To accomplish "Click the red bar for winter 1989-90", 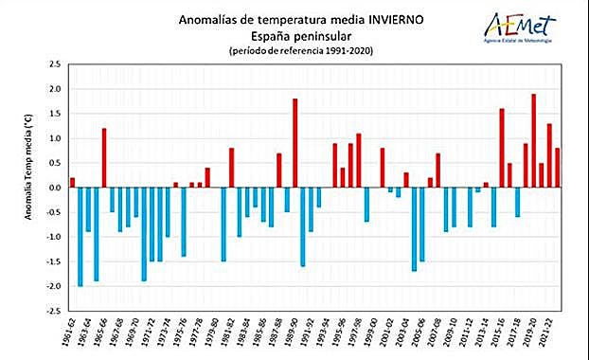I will (295, 143).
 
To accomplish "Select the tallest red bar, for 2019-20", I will (534, 140).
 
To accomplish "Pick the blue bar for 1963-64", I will (88, 209).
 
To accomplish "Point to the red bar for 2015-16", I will (502, 148).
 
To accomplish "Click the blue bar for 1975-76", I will (184, 222).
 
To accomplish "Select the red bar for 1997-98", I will (359, 160).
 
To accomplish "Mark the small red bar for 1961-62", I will (72, 182).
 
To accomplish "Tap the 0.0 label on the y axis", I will (54, 188).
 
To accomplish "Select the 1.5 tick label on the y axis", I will (54, 114).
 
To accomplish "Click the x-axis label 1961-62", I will (66, 334).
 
